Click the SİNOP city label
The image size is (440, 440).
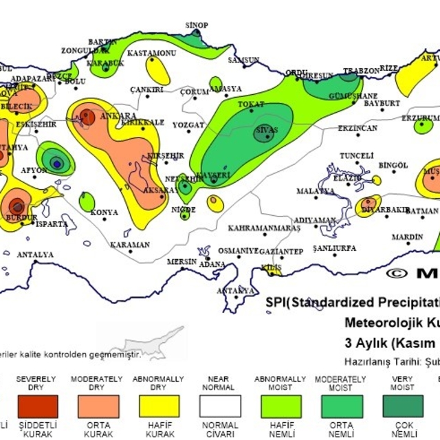196,25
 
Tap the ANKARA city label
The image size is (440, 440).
118,116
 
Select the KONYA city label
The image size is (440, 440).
104,212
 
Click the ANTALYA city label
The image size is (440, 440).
35,255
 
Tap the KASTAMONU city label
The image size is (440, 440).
152,53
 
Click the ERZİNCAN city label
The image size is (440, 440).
357,129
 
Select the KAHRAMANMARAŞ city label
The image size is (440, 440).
264,228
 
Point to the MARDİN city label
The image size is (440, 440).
407,237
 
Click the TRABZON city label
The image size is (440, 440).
361,71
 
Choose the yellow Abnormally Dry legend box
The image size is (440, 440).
158,406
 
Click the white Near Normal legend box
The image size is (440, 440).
219,406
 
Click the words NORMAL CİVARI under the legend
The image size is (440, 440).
219,430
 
